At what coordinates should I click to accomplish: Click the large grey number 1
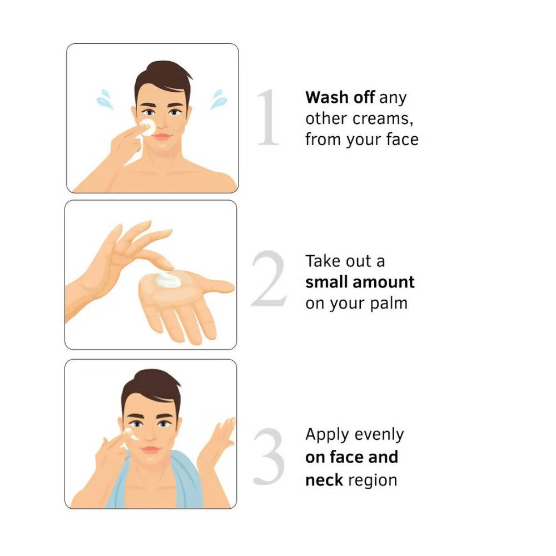click(269, 118)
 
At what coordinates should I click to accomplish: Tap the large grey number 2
click(269, 279)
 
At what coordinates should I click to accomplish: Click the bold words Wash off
click(340, 97)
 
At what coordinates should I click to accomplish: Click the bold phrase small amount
click(360, 282)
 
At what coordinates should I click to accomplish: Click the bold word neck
click(324, 480)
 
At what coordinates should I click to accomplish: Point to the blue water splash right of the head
click(219, 99)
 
